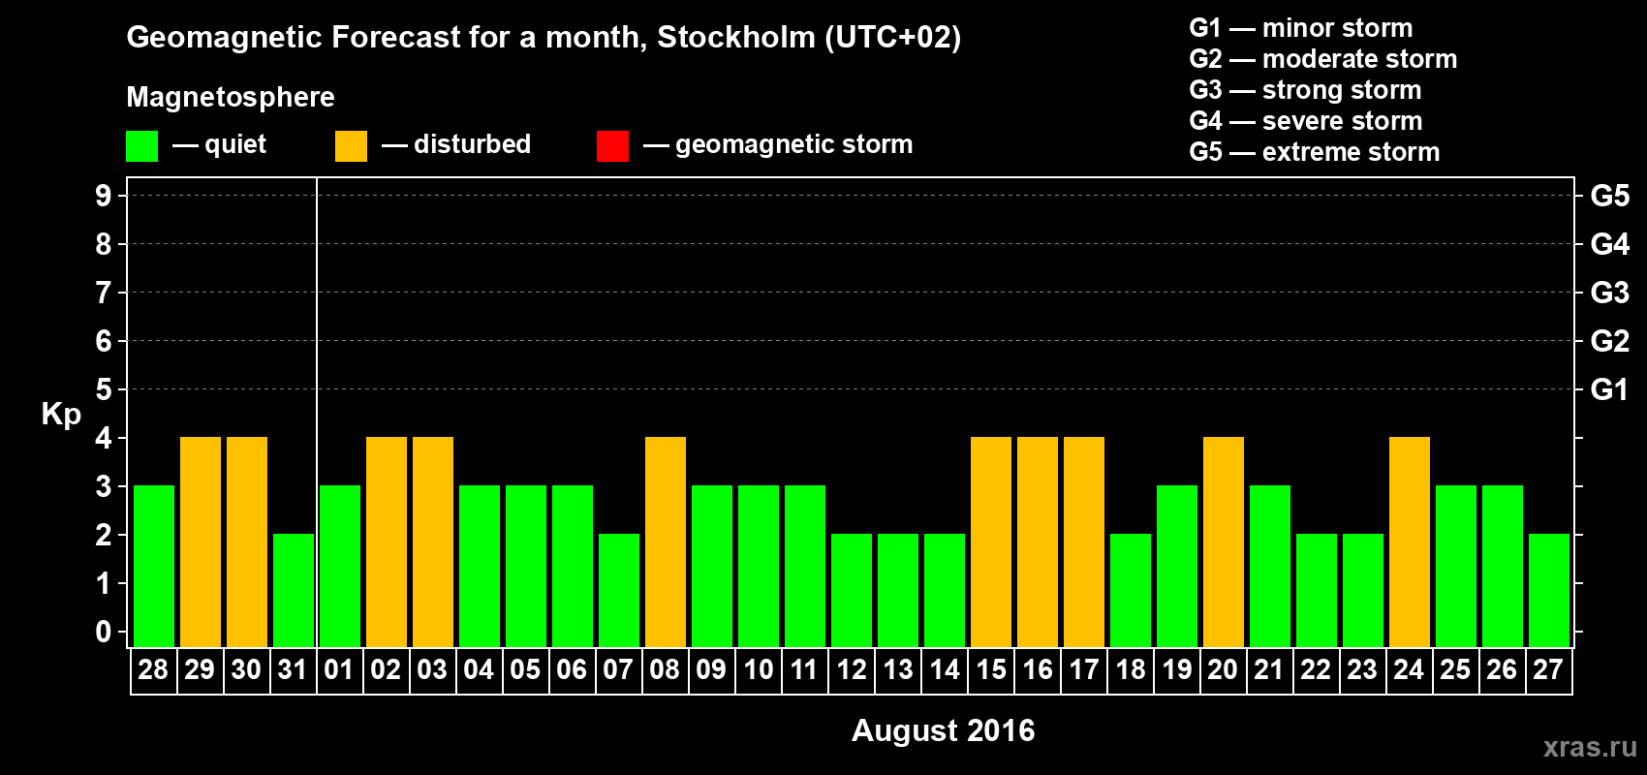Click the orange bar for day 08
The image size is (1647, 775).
[666, 542]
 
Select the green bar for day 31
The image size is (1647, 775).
[294, 590]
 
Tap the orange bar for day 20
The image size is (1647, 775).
[1224, 542]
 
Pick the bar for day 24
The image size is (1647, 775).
[1410, 542]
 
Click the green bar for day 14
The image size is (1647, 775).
[945, 590]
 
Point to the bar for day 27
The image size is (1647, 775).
[1549, 590]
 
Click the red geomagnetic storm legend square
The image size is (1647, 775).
[612, 146]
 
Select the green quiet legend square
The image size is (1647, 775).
[142, 146]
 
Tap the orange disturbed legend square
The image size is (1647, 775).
[351, 146]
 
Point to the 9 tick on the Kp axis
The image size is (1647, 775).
[104, 196]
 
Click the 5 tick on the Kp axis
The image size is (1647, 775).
[104, 389]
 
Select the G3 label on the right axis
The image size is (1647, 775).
[1609, 293]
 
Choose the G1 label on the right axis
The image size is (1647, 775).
[1609, 389]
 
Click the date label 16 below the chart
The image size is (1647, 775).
[1038, 669]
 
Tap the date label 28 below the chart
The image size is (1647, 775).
[153, 669]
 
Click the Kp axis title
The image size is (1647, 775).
[61, 415]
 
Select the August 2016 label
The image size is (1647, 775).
[943, 730]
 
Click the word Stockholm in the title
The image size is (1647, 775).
[736, 38]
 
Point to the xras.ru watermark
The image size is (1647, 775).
[1590, 747]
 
